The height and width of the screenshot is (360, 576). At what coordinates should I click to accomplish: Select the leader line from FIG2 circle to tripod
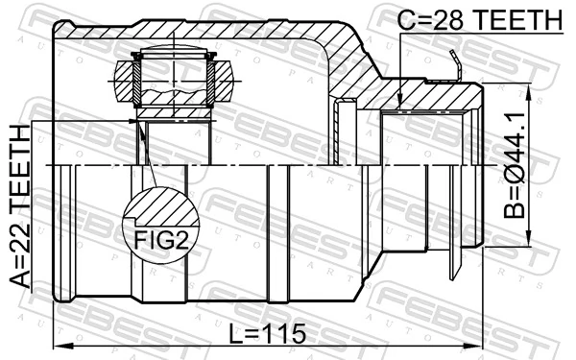click(x=147, y=154)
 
